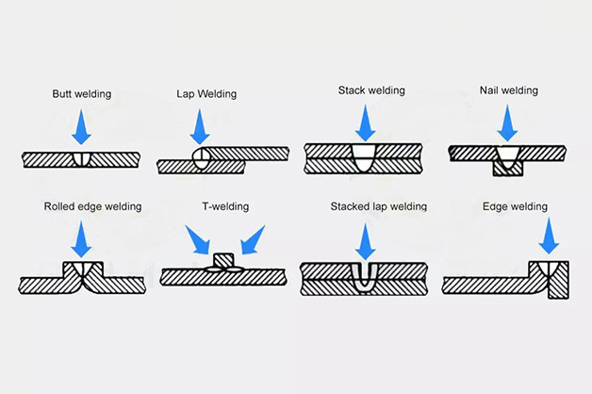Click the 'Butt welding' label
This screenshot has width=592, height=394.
point(82,94)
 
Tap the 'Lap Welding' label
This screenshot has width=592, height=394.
point(206,94)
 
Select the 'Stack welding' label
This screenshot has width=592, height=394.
point(371,90)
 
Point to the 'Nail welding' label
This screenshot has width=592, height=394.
point(509,90)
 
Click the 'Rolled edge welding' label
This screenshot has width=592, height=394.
point(93,206)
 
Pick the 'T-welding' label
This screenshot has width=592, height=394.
point(225,206)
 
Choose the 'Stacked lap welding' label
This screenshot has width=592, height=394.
point(379,206)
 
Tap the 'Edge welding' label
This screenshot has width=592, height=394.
point(515,206)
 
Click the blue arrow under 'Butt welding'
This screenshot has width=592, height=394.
point(81,127)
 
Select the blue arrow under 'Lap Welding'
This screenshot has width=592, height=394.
point(200,127)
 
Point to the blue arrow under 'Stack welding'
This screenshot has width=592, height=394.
point(365,123)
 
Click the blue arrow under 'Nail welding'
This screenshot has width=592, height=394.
point(507,123)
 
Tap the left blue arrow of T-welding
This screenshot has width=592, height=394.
point(198,240)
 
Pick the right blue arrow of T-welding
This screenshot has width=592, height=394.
point(253,240)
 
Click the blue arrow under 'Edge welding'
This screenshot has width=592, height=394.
point(549,237)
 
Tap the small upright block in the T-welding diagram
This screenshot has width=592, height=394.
point(224,260)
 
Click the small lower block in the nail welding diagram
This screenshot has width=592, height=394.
point(508,169)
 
